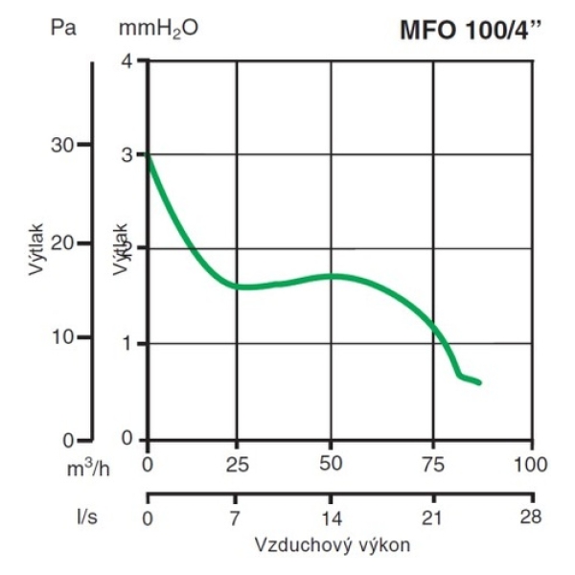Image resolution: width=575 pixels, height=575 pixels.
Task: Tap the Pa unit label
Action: pos(62,28)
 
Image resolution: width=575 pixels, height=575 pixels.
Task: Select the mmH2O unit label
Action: pos(158,29)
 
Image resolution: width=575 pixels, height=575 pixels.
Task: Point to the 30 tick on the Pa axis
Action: pos(62,144)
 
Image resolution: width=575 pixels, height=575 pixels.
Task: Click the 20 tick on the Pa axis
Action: pos(62,243)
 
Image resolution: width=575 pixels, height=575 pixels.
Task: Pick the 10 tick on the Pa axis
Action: pos(62,337)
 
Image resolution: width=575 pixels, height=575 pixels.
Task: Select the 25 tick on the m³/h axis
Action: pos(238,465)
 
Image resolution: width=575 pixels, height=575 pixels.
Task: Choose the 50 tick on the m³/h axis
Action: pos(332,465)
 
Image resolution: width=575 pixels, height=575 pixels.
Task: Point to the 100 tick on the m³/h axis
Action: pos(530,465)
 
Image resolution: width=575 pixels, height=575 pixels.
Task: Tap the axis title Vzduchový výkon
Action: pos(333,544)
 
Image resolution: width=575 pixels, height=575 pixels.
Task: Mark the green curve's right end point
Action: pos(479,383)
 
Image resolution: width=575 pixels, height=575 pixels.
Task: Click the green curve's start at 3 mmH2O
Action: pos(147,154)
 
